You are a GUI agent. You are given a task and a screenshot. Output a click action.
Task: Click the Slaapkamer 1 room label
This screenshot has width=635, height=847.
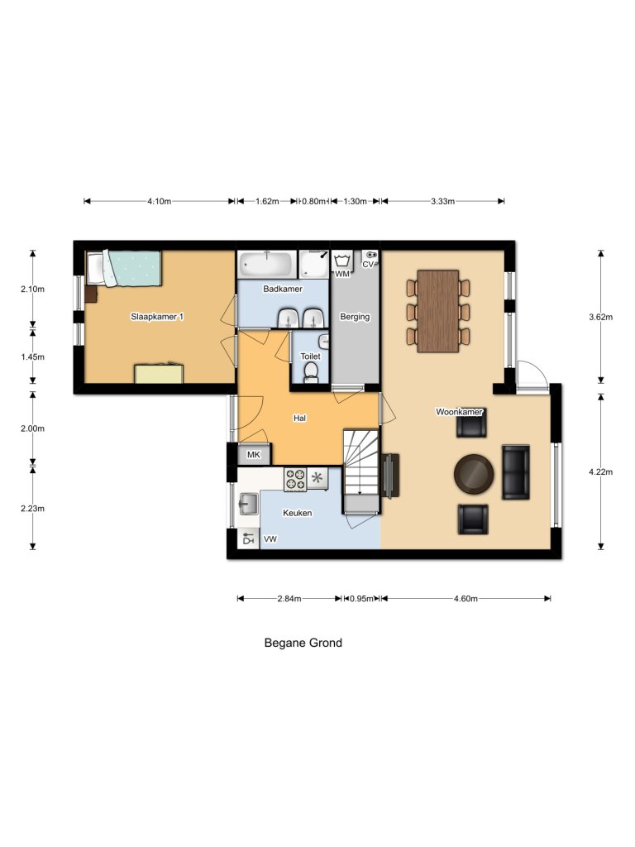tap(156, 317)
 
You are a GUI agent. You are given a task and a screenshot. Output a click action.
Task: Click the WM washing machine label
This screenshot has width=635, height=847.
tap(342, 274)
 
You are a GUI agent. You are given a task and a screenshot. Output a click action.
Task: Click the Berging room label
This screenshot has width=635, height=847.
tap(355, 317)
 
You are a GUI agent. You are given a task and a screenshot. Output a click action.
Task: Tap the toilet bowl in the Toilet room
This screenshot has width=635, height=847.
tap(310, 375)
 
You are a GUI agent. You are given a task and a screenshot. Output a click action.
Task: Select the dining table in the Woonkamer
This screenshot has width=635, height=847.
tap(437, 311)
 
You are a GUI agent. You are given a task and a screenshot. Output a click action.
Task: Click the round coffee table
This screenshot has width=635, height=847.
tap(475, 472)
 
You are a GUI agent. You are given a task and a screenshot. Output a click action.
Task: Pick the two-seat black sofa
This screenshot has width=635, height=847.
tap(516, 472)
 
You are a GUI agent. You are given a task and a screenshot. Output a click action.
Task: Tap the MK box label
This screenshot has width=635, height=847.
tap(254, 456)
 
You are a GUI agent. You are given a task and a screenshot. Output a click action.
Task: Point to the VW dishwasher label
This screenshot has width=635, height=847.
tap(270, 539)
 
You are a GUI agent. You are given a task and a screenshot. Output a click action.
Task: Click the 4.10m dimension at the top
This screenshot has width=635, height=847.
tap(159, 201)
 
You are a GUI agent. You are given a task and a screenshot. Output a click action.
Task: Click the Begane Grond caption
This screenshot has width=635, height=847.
tap(303, 643)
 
